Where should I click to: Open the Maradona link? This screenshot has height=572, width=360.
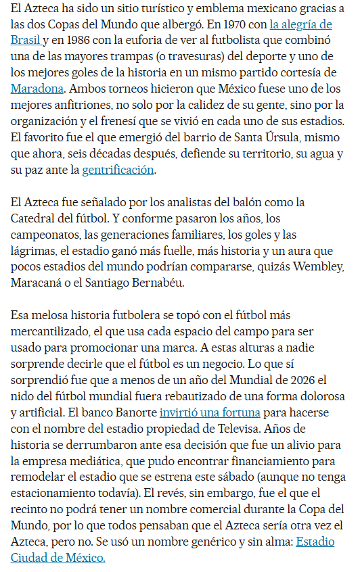pyautogui.click(x=37, y=89)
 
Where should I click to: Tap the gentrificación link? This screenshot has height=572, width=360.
pyautogui.click(x=118, y=170)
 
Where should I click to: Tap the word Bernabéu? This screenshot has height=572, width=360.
pyautogui.click(x=171, y=283)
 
